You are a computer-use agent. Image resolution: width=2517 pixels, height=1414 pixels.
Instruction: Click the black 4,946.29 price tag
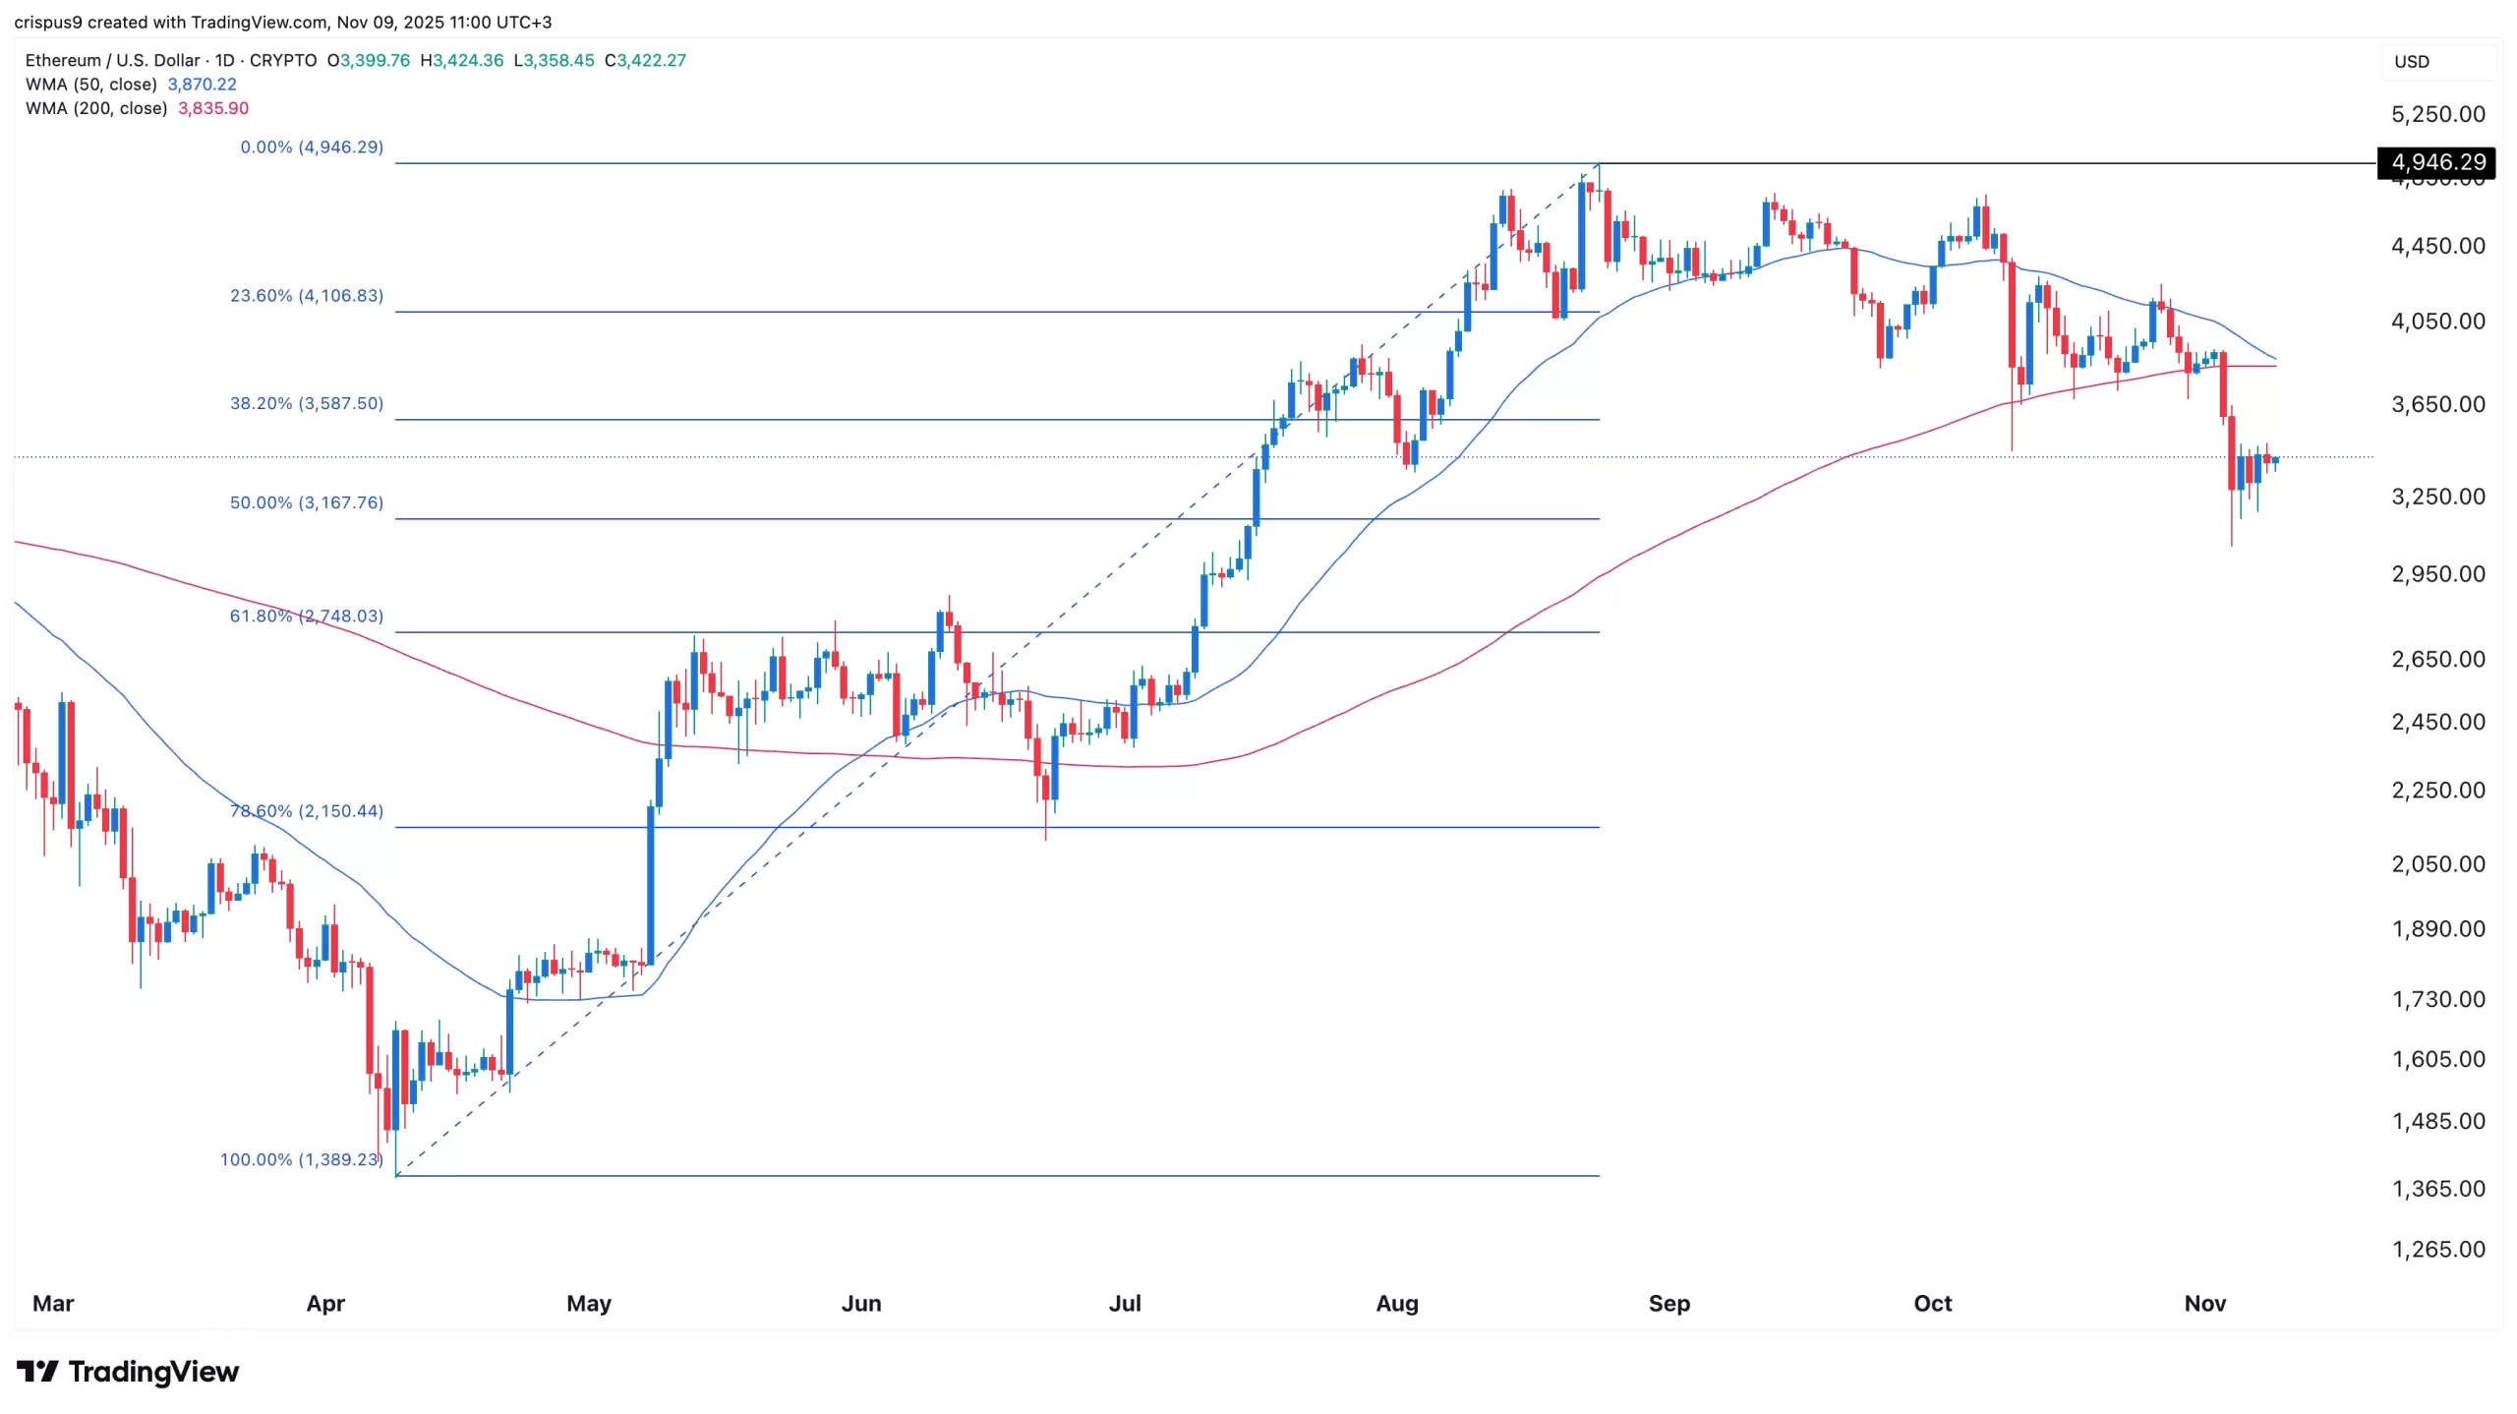(2435, 162)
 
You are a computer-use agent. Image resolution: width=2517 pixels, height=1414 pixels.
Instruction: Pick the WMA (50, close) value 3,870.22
(202, 85)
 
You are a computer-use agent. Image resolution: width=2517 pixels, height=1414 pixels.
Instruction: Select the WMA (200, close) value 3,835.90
(212, 108)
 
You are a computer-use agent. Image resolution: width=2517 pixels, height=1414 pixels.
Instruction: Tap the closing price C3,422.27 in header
(645, 60)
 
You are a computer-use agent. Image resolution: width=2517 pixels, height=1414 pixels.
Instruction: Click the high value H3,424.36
(461, 60)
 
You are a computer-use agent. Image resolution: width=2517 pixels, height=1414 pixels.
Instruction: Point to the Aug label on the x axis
(1396, 1303)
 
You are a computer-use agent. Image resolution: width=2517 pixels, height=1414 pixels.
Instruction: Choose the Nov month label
(2204, 1303)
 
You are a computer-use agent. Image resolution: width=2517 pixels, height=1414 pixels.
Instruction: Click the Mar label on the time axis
(53, 1303)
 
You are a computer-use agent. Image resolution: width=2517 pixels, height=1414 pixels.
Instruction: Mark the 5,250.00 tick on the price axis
(2437, 114)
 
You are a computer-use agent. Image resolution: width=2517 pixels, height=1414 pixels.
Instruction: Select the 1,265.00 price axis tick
(2437, 1249)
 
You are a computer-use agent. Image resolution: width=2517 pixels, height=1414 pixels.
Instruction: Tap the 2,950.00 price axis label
(2437, 573)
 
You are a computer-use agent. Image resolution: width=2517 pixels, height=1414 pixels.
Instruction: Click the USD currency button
(2412, 62)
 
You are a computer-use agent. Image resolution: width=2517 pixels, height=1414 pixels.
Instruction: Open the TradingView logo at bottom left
(128, 1371)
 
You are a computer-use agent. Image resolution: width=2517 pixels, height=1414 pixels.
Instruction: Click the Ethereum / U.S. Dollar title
(112, 60)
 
